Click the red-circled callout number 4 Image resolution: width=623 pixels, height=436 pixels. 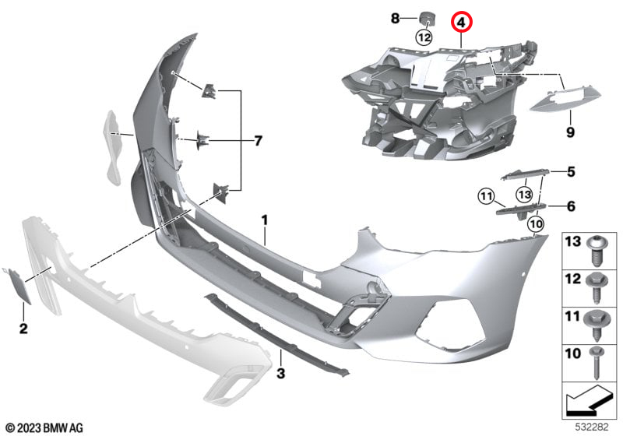[x=461, y=22]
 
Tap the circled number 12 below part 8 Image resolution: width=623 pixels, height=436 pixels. [x=424, y=37]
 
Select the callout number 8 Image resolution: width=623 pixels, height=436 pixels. [x=395, y=18]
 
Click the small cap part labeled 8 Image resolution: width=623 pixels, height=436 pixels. [x=428, y=18]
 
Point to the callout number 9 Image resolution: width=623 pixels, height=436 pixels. [x=570, y=132]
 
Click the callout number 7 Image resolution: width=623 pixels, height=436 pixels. [x=259, y=141]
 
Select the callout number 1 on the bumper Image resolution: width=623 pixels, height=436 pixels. [x=265, y=220]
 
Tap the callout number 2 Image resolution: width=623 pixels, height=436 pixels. [x=23, y=329]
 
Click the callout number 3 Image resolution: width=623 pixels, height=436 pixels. [x=281, y=373]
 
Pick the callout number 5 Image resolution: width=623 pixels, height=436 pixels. [x=571, y=172]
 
